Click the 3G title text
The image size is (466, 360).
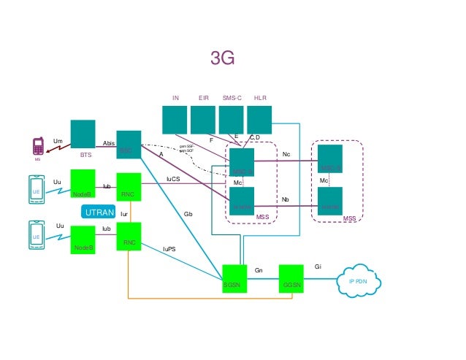pos(222,58)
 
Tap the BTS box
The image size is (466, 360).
pos(83,134)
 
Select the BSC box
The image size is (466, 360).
pos(129,143)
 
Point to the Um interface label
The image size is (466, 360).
pos(58,131)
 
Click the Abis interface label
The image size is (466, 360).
pos(109,144)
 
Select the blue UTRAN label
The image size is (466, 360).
pos(96,212)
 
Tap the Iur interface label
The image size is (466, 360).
pos(124,214)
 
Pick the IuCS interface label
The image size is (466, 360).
pos(173,179)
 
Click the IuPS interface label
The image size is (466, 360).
pos(169,249)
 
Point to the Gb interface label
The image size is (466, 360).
pos(188,215)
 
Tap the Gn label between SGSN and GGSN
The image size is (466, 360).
pos(259,271)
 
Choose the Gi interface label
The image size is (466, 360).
pos(317,267)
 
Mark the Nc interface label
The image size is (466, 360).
pos(286,155)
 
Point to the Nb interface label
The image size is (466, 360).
pos(286,199)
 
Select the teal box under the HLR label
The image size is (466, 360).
pos(259,119)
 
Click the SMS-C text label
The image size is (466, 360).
pos(232,97)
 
